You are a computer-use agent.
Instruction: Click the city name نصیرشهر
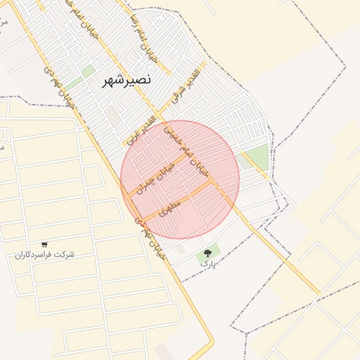click(x=126, y=80)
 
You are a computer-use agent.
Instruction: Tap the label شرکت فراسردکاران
click(x=44, y=255)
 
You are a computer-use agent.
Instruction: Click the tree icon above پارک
click(x=208, y=252)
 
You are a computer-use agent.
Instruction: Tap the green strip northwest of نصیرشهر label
click(x=87, y=71)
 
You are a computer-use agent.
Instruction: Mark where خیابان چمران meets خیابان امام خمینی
click(x=188, y=156)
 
